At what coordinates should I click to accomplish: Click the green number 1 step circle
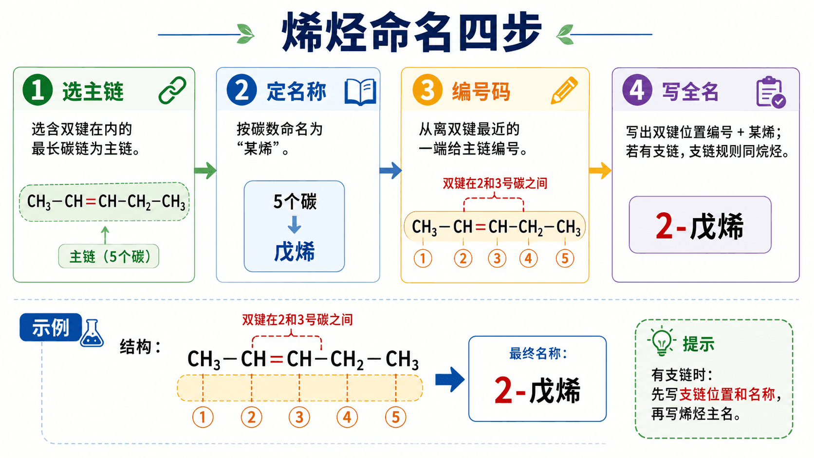click(37, 90)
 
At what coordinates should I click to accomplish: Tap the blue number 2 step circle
click(241, 90)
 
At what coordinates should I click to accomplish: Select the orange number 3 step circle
click(427, 90)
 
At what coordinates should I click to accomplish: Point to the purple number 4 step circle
click(637, 90)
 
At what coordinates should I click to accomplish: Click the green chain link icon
click(172, 90)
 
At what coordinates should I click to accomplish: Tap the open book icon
click(360, 92)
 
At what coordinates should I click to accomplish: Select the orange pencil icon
click(564, 91)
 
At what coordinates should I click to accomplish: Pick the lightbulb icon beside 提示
click(661, 340)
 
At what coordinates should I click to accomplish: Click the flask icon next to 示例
click(92, 333)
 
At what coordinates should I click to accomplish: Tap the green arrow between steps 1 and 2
click(205, 170)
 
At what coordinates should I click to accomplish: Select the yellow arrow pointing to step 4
click(600, 170)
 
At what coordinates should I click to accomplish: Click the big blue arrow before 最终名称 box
click(450, 380)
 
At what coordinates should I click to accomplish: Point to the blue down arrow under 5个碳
click(295, 224)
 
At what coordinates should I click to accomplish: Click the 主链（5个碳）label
click(109, 256)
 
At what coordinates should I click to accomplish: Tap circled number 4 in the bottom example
click(347, 417)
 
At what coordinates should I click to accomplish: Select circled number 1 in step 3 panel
click(423, 258)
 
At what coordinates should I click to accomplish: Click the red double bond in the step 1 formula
click(91, 202)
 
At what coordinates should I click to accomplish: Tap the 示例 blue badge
click(51, 327)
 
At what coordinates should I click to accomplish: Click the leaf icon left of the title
click(246, 34)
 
